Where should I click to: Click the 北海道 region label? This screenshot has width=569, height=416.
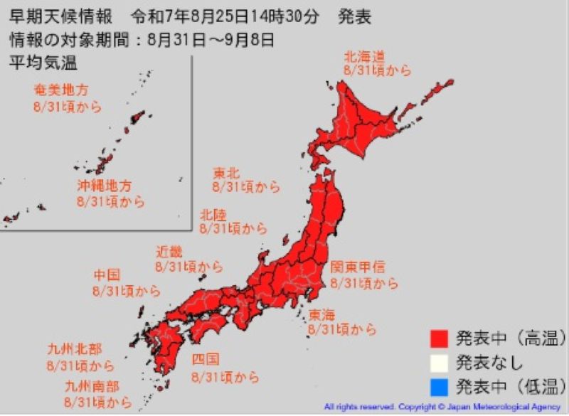[x=363, y=56]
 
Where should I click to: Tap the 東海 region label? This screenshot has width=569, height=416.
[x=322, y=314]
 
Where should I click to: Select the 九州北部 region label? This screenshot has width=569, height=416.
[x=73, y=349]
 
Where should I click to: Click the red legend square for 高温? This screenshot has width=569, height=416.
[x=438, y=336]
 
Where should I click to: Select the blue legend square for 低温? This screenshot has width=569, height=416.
[x=438, y=387]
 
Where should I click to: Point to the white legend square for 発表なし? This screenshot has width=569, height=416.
[x=438, y=361]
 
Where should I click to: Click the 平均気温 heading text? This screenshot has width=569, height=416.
[x=43, y=63]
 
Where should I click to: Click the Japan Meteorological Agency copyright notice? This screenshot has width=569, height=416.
[x=442, y=407]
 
